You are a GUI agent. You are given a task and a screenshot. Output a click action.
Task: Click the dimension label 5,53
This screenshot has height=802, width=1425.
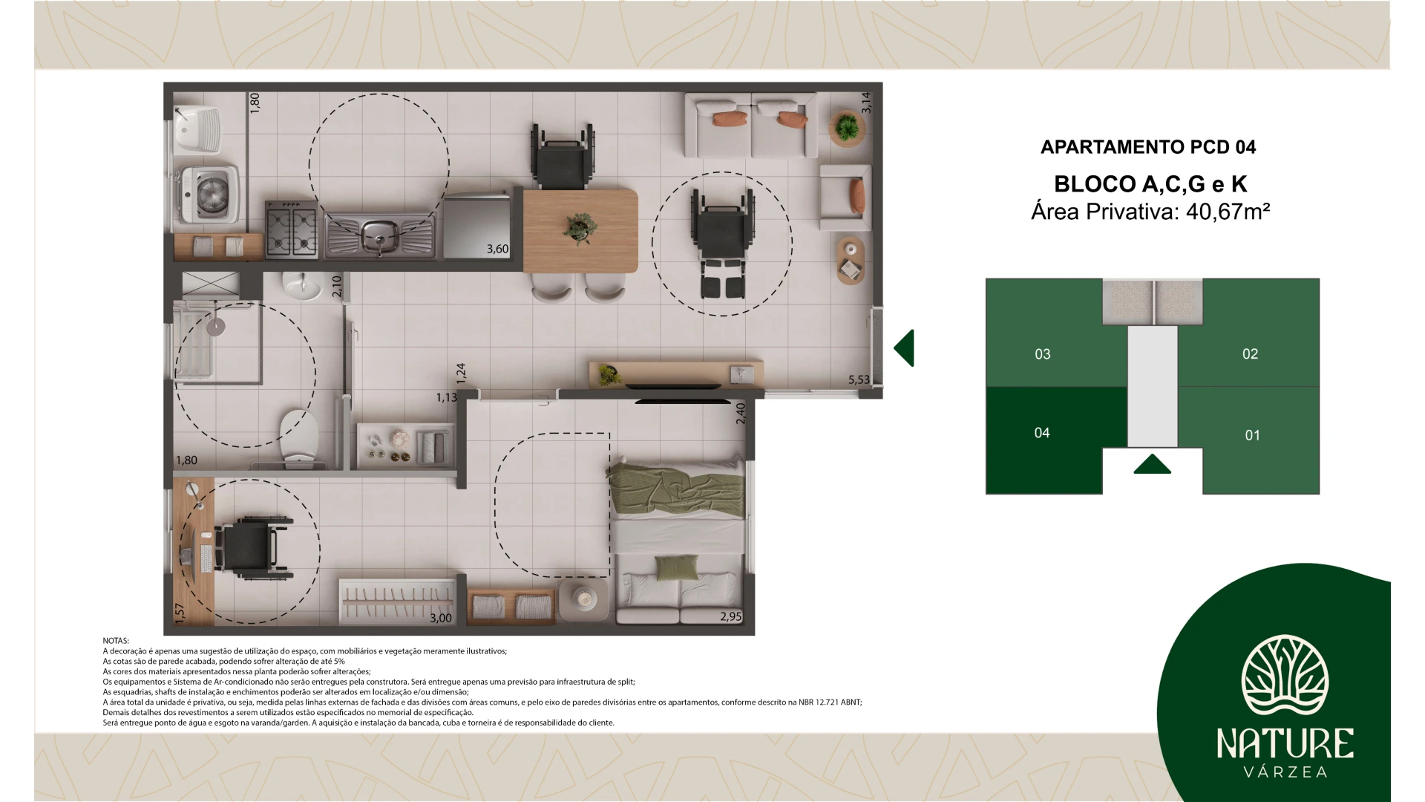859,380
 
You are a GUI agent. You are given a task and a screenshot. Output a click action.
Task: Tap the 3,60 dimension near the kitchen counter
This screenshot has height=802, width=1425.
497,250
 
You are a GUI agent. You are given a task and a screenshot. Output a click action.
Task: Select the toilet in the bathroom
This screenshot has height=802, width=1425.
299,437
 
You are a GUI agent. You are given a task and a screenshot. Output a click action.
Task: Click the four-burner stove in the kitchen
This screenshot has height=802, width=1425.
292,229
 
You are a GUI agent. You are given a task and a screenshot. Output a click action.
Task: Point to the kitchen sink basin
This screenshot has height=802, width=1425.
379,234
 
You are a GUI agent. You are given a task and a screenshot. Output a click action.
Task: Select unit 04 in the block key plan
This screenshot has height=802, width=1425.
1042,433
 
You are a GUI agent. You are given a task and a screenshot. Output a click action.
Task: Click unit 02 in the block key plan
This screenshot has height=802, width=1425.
1250,354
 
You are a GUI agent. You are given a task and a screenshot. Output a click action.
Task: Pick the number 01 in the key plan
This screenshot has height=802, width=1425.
1252,436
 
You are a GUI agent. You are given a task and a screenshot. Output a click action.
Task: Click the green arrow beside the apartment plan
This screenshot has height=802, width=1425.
904,348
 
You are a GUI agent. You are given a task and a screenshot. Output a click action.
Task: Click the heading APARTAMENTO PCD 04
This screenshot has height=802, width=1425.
1148,147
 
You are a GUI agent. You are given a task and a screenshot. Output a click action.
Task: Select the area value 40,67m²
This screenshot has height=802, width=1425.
1228,212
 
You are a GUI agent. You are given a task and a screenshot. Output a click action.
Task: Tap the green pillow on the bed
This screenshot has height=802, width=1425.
677,567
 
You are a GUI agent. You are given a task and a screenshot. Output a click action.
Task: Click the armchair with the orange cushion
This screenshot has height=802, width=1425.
845,198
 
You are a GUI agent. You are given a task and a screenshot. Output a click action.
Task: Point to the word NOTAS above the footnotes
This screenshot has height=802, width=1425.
116,641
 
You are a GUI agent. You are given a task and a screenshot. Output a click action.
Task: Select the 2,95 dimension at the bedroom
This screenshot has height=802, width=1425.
730,616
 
